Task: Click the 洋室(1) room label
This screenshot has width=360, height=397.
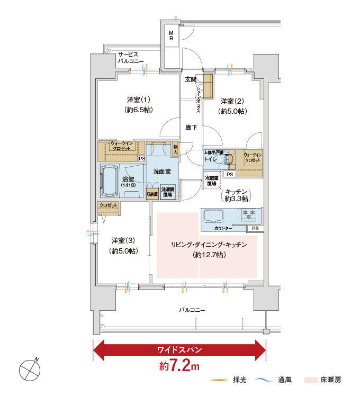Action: point(138,104)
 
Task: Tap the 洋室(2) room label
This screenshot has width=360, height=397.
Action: point(232,106)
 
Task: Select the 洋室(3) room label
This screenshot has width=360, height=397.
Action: point(123,245)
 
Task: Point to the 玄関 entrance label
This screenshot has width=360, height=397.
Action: point(191,80)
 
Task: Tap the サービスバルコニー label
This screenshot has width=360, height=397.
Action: point(130,58)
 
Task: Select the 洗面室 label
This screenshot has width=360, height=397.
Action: point(161,172)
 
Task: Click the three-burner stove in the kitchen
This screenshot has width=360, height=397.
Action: point(248,214)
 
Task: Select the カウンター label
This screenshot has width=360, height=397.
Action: point(223,228)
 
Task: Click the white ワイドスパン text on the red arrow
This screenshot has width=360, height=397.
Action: point(179,349)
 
